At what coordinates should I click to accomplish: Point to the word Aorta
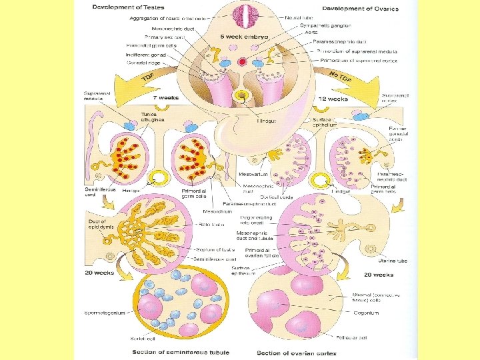[308, 31]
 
